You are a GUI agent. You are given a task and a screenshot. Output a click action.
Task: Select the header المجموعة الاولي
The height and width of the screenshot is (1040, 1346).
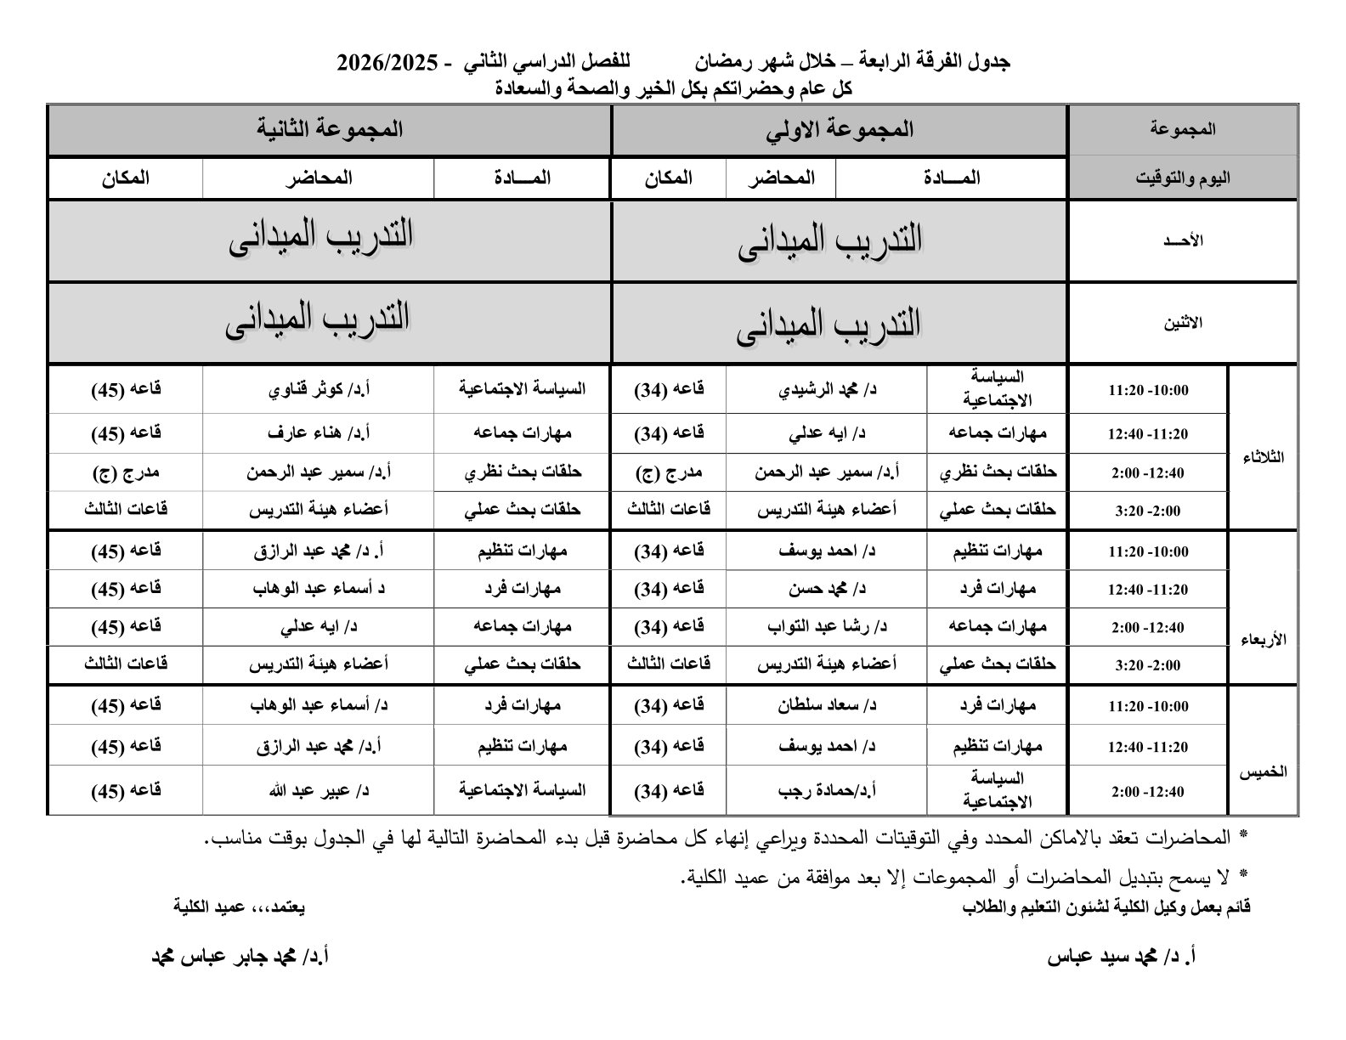[x=840, y=130]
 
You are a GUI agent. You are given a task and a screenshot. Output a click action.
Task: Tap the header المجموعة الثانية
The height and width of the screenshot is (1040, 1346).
[x=330, y=130]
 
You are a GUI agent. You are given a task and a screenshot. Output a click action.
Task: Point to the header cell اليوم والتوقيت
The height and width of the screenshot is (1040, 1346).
[x=1183, y=178]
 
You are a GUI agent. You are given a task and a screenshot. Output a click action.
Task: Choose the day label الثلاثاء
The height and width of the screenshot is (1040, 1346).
[x=1263, y=457]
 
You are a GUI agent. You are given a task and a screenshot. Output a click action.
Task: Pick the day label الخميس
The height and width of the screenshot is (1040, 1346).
[x=1263, y=772]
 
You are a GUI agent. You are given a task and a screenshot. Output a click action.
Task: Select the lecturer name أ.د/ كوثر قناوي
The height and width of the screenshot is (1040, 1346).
[x=319, y=390]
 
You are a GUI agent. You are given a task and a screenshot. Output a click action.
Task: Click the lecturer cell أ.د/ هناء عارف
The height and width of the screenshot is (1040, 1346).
[x=319, y=433]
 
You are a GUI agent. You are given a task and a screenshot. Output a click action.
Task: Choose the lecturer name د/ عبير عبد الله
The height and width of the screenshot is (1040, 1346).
[x=319, y=790]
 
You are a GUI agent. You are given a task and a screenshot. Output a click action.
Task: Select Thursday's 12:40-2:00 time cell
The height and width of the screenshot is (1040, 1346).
[x=1147, y=792]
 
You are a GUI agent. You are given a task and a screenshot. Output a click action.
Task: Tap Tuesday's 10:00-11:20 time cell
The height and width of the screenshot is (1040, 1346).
[x=1147, y=391]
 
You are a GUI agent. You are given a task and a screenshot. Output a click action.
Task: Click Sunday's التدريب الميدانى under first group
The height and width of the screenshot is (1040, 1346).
[x=829, y=241]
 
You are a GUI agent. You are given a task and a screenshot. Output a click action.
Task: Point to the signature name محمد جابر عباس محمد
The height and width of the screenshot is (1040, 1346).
[x=240, y=957]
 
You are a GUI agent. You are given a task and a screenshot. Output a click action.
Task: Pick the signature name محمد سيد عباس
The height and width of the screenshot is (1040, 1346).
[x=1122, y=957]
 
